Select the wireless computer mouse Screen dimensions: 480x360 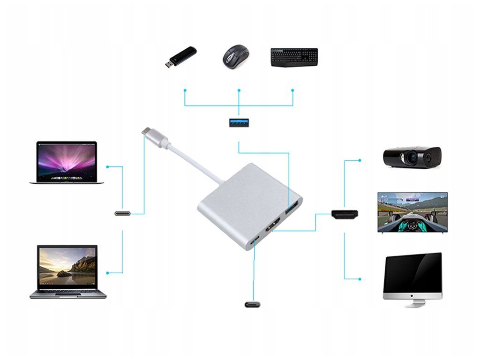pos(234,57)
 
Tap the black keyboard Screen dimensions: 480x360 pos(294,57)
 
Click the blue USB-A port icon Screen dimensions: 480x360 pos(239,123)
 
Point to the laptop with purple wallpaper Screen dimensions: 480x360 pos(67,162)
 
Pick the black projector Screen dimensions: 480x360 pos(412,157)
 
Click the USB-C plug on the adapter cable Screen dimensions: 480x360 pos(154,137)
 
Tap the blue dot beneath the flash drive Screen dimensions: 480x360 pos(185,90)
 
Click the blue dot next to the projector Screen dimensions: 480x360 pos(360,160)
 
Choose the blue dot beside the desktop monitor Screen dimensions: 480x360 pos(360,279)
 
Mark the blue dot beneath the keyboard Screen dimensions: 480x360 pos(292,90)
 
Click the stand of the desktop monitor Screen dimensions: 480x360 pos(413,302)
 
